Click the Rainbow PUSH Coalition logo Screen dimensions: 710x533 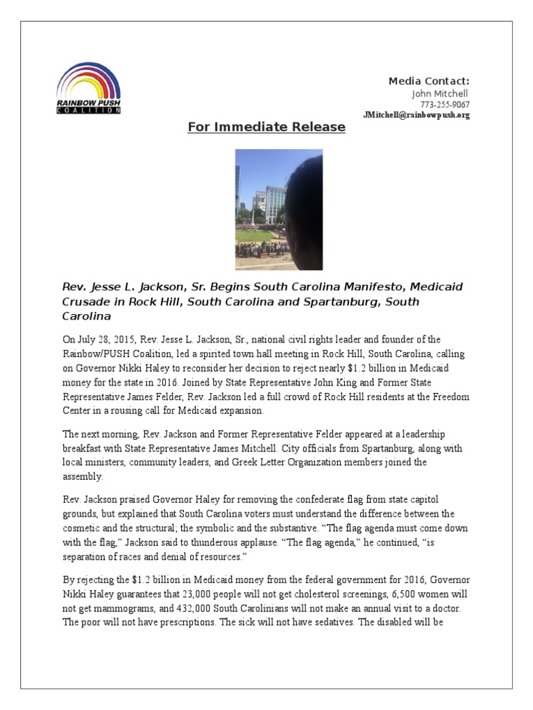coord(88,88)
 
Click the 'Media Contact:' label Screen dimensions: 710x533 coord(429,81)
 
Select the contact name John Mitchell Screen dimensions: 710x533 coord(440,94)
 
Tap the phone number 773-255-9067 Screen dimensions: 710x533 coord(445,105)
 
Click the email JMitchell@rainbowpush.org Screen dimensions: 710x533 coord(416,115)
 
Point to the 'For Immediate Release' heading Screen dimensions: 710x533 coord(266,127)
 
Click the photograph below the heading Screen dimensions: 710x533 coord(278,209)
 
